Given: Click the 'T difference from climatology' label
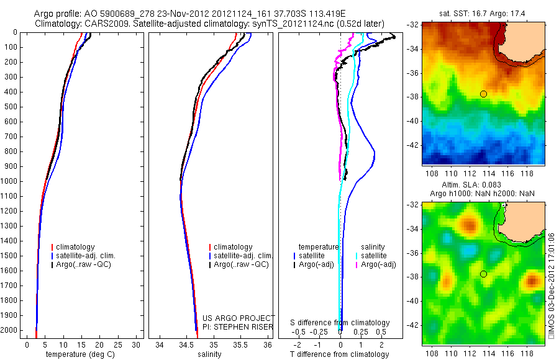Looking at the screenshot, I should pos(339,354).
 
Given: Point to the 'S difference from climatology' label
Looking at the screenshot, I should pos(340,323).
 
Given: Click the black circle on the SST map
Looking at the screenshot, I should pos(483,94).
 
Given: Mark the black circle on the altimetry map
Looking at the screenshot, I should pos(483,274).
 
